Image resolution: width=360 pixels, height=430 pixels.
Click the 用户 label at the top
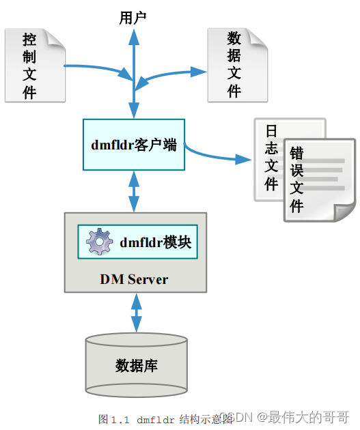[133, 17]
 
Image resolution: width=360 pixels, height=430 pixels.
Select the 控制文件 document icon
[34, 66]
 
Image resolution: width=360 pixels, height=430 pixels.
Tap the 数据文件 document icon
[236, 66]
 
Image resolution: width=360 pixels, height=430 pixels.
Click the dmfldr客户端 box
[133, 145]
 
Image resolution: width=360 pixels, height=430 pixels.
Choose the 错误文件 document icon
[319, 180]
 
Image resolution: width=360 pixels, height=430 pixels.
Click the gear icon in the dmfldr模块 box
[100, 242]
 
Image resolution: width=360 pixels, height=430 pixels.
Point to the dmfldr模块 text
[156, 242]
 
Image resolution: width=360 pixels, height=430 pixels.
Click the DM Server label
[134, 279]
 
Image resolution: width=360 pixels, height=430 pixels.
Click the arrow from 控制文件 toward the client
[96, 70]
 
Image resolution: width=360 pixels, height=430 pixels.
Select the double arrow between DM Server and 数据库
[136, 314]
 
